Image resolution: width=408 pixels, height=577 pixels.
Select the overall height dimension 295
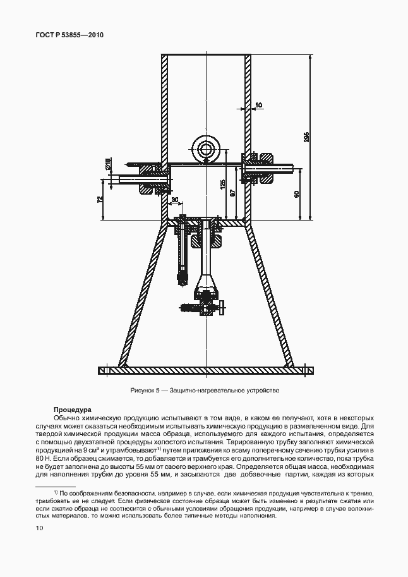click(306, 137)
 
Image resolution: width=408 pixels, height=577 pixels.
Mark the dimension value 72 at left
click(99, 200)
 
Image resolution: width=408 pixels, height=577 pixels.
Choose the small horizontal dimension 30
click(175, 200)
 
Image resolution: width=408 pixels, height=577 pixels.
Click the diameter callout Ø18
click(108, 163)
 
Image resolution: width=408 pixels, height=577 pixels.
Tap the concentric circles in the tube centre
click(206, 150)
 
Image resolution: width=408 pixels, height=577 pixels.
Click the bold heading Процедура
click(73, 409)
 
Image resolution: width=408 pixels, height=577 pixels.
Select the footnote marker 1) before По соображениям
click(56, 492)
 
